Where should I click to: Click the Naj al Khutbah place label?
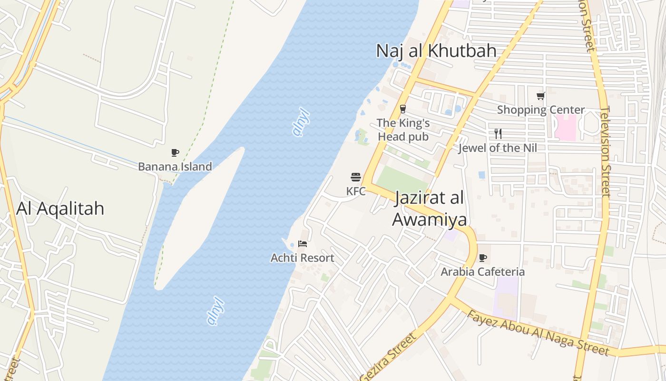coord(436,51)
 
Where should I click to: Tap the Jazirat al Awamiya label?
coord(429,209)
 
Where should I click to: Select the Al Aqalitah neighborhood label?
coord(60,209)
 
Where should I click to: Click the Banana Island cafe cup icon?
coord(175,153)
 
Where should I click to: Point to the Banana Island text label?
coord(175,167)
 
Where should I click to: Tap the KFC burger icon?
coord(356,178)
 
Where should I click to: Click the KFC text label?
coord(356,191)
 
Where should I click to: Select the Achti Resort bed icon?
coord(303,244)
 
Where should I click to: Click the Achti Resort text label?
coord(303,258)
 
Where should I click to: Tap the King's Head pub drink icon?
coord(403,109)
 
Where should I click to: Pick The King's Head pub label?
coord(403,130)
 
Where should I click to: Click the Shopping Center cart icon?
coord(541,96)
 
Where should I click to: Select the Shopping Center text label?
coord(541,110)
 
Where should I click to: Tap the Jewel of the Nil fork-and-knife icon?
coord(498,133)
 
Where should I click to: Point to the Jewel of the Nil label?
coord(498,148)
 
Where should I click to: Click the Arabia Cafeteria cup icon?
coord(483,258)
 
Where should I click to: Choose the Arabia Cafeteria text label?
coord(483,272)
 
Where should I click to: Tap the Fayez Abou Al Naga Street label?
coord(538,333)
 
